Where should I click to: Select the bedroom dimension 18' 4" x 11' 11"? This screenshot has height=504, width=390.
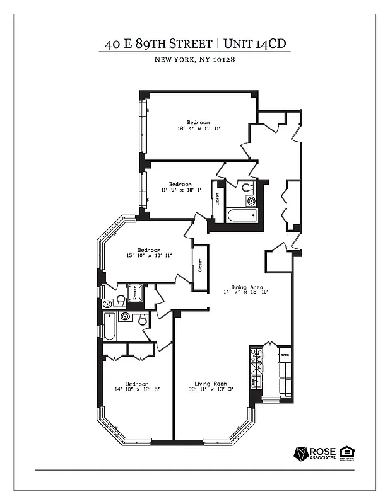(198, 129)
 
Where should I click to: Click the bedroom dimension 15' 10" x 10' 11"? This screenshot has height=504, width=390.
(150, 255)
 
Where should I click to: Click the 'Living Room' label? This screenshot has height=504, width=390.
(210, 384)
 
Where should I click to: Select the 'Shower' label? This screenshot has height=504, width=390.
(134, 294)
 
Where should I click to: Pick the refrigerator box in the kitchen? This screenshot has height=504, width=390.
(284, 355)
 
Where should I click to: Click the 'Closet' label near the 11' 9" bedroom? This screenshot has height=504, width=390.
(218, 199)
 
